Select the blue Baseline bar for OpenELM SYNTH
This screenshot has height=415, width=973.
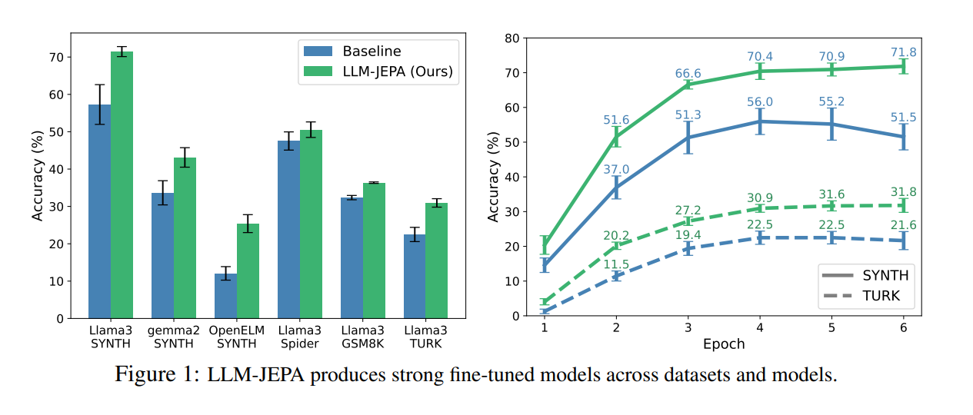click(x=225, y=296)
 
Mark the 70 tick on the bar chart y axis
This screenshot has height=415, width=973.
click(x=56, y=58)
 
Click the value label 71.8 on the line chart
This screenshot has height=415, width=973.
click(x=903, y=52)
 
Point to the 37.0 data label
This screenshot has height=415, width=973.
click(x=617, y=169)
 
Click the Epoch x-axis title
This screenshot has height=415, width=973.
click(x=724, y=344)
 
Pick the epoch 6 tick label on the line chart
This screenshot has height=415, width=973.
click(x=903, y=328)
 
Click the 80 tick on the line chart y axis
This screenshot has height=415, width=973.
click(x=511, y=38)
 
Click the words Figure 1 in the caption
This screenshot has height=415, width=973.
click(x=157, y=375)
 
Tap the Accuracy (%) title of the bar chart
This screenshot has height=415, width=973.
click(x=37, y=176)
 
